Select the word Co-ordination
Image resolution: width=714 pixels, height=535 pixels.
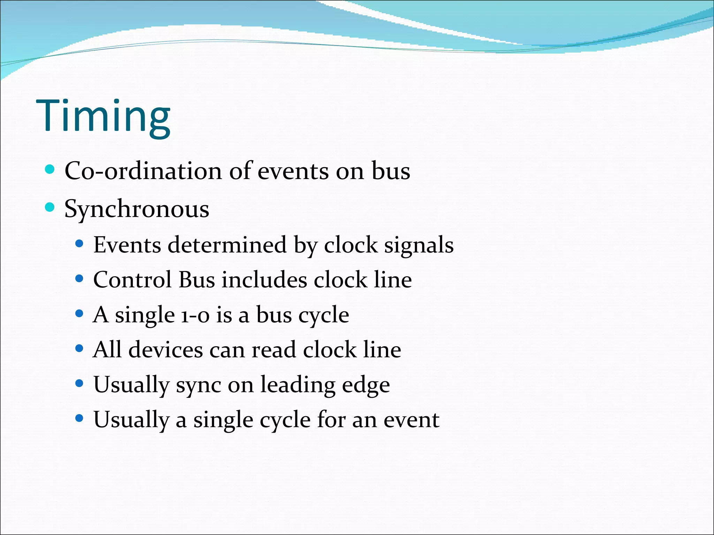pyautogui.click(x=143, y=171)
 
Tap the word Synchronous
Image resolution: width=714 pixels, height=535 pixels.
pyautogui.click(x=137, y=209)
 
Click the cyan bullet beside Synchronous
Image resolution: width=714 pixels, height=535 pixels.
pyautogui.click(x=50, y=208)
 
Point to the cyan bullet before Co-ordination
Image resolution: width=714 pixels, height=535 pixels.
pyautogui.click(x=50, y=170)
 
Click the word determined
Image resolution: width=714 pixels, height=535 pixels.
pyautogui.click(x=227, y=245)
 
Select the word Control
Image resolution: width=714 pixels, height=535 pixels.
pyautogui.click(x=132, y=280)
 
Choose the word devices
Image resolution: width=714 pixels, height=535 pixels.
pyautogui.click(x=165, y=350)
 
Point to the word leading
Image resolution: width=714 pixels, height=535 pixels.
pyautogui.click(x=298, y=385)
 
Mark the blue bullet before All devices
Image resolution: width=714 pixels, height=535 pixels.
pyautogui.click(x=79, y=348)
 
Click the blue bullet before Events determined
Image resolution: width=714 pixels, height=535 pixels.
pyautogui.click(x=79, y=243)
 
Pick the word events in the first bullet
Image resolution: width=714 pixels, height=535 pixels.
pyautogui.click(x=293, y=171)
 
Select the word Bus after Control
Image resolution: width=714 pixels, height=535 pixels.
pyautogui.click(x=197, y=280)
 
